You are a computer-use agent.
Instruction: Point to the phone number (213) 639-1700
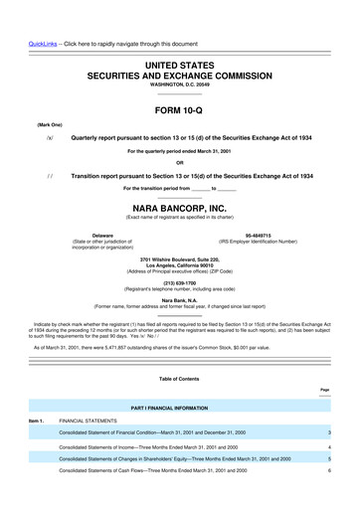tap(179, 280)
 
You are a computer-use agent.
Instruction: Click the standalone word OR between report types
tap(179, 163)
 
